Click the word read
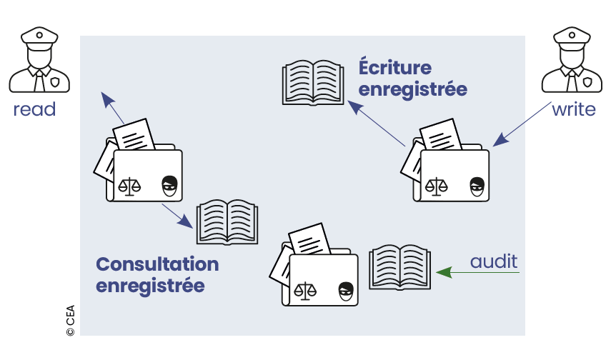[34, 109]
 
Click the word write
[573, 110]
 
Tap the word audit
[493, 261]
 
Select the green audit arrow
[475, 272]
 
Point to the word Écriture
[394, 69]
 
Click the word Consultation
[157, 264]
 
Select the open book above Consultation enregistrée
[225, 222]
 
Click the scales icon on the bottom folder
[307, 291]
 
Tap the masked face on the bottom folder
[347, 291]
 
